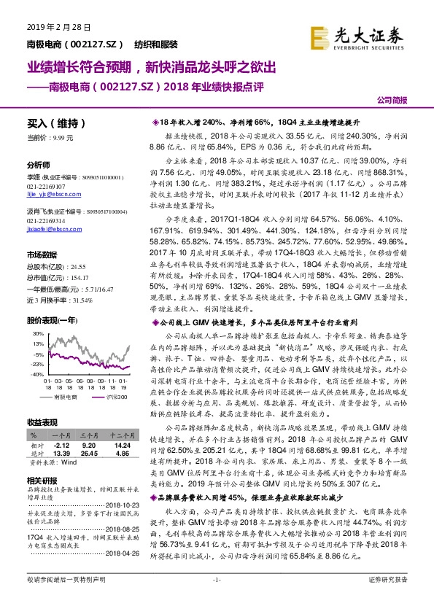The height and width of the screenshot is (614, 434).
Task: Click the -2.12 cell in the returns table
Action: coord(61,443)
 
